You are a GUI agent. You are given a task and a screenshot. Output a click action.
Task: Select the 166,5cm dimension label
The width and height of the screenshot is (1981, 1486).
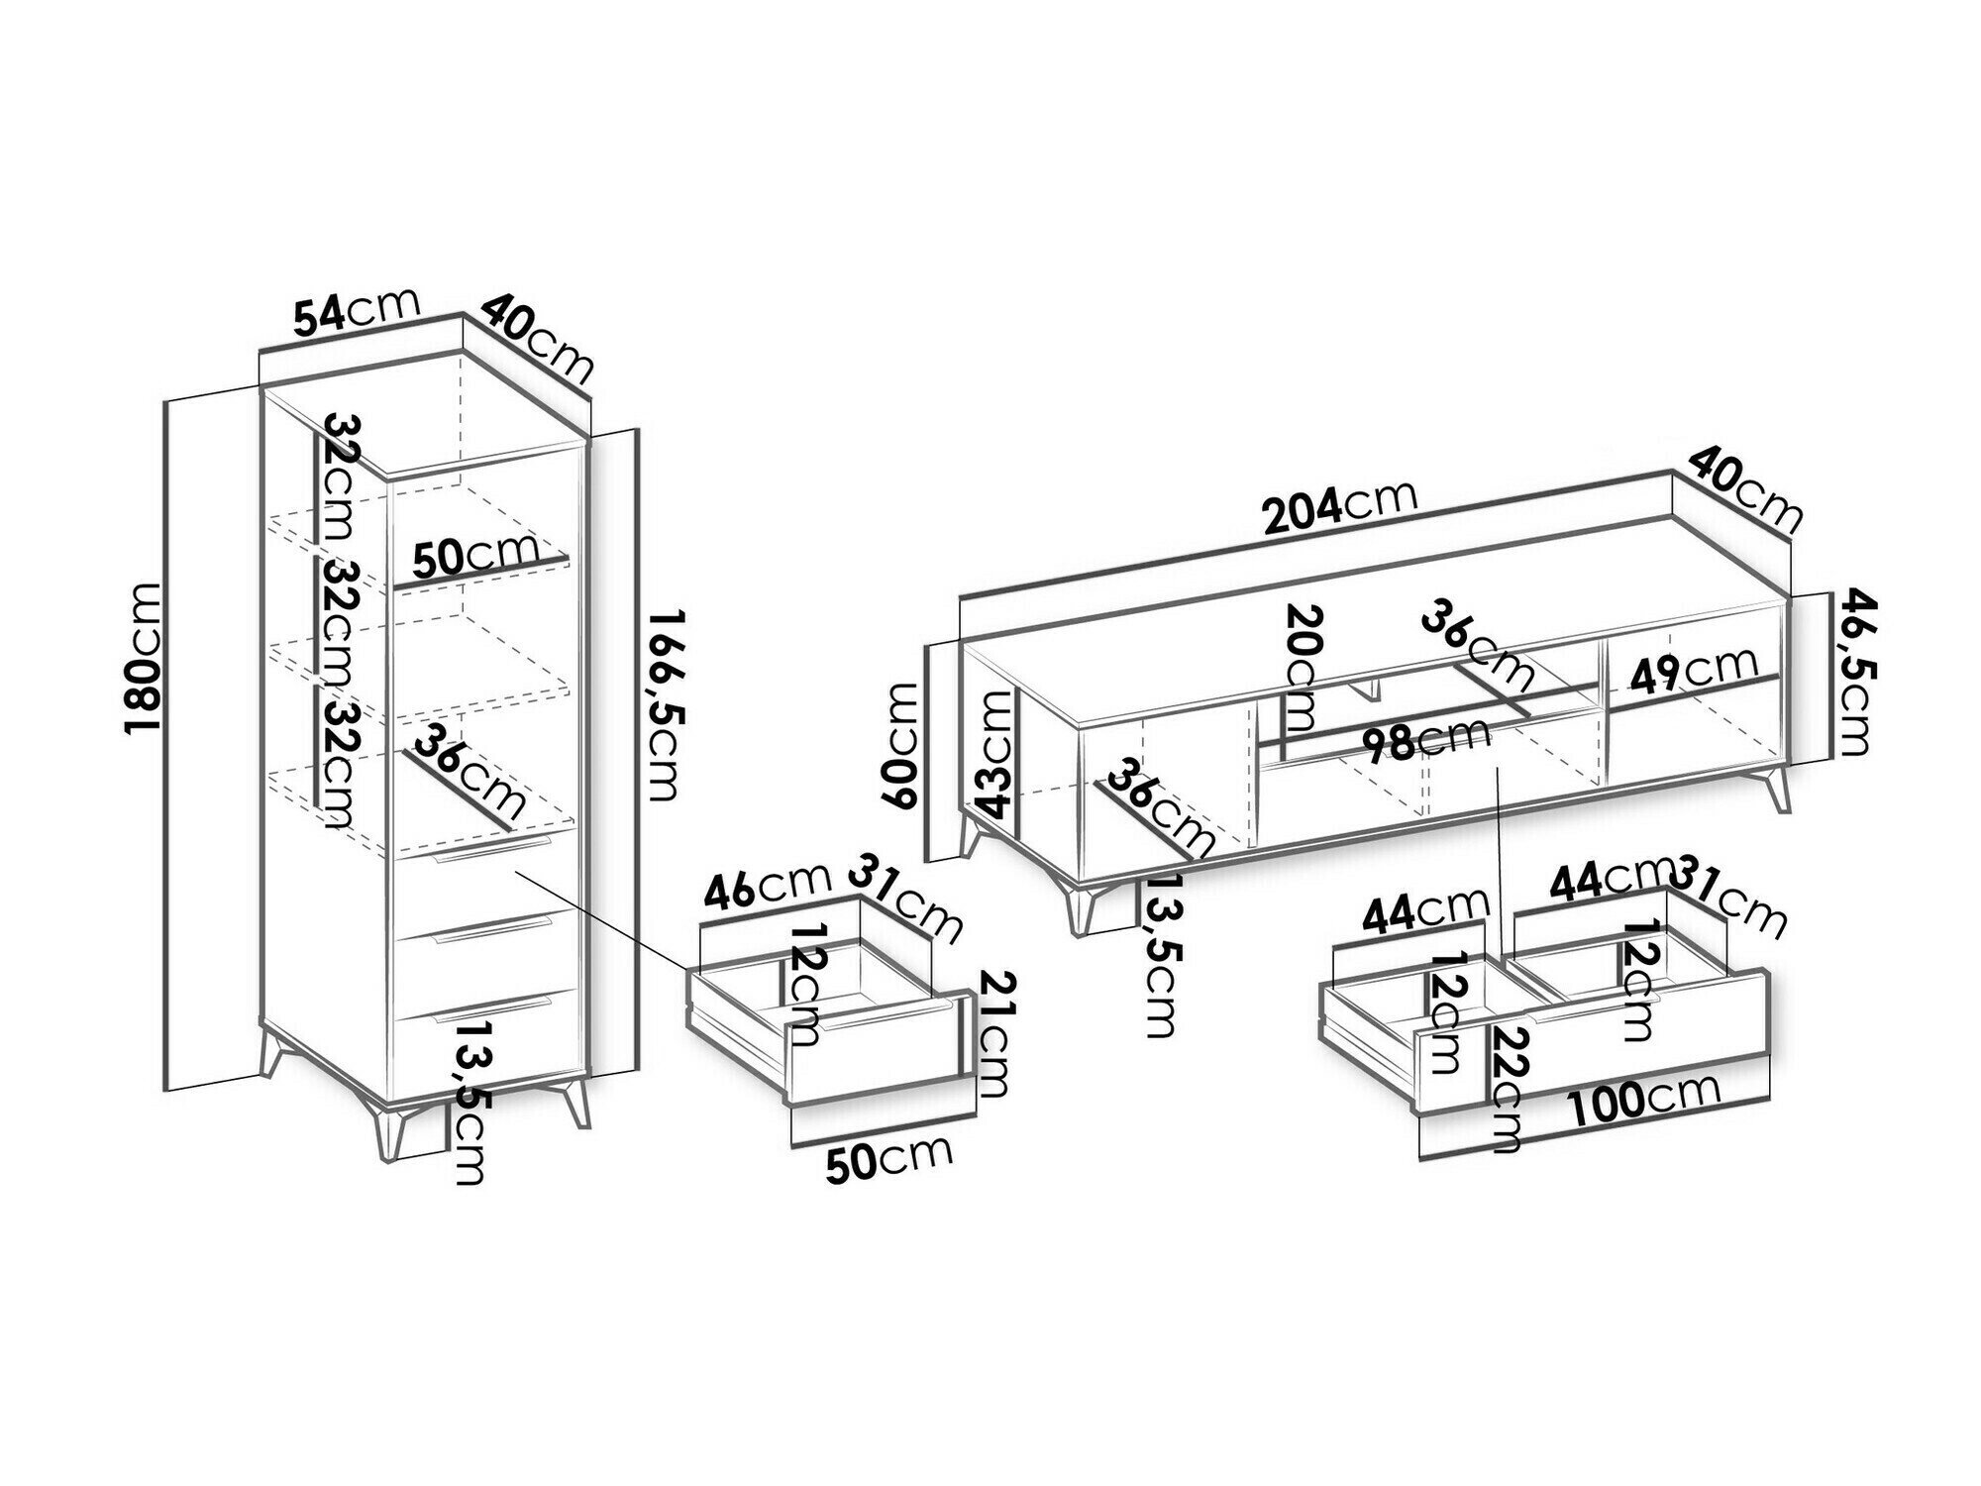pos(662,704)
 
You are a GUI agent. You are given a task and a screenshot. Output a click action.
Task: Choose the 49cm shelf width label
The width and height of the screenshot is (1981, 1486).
pos(1695,669)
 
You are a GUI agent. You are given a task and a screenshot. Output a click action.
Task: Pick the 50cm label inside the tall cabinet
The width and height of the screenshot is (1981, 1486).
pos(475,557)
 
